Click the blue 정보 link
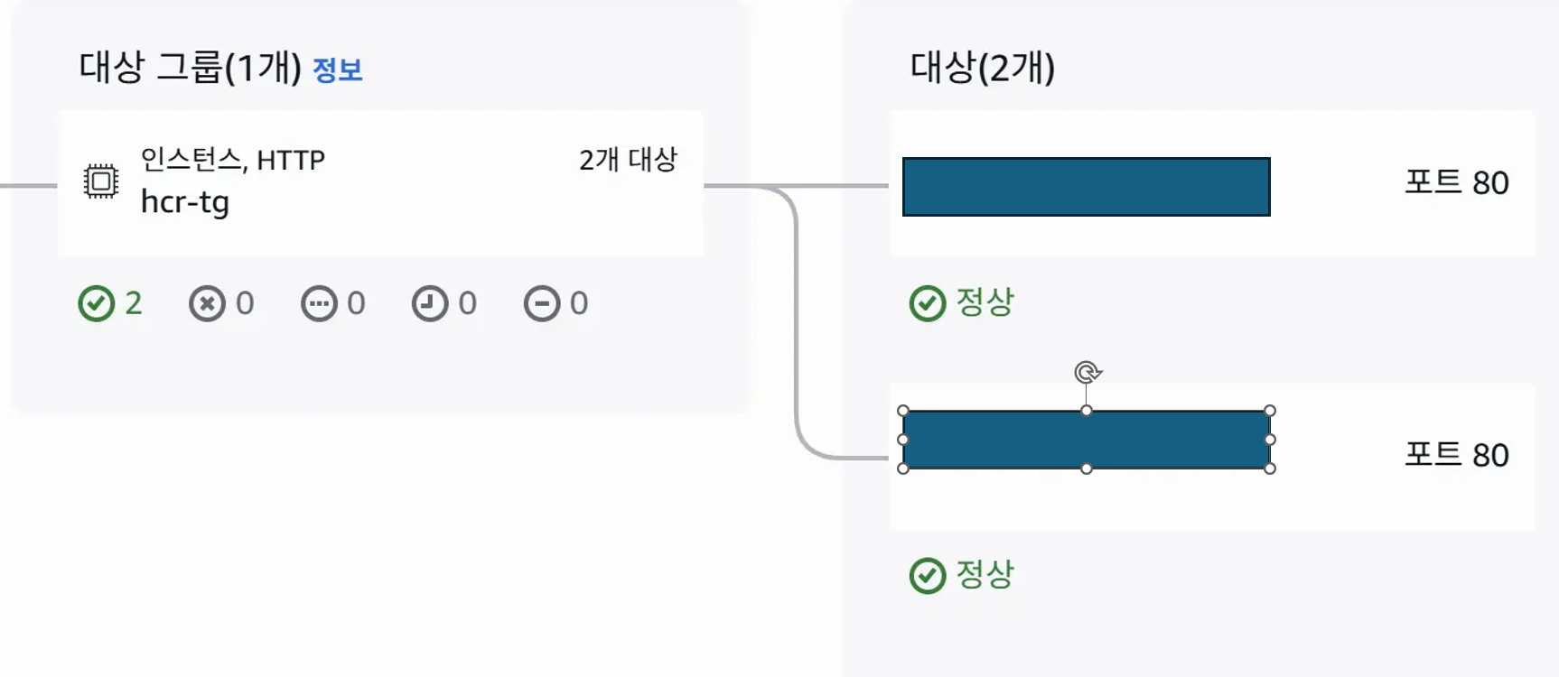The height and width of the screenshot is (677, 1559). (x=337, y=70)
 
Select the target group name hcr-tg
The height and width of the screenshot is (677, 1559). (x=185, y=202)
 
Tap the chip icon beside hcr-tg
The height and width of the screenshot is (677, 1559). (x=101, y=181)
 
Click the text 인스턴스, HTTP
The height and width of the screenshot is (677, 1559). (x=232, y=160)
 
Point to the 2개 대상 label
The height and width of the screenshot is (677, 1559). (x=628, y=160)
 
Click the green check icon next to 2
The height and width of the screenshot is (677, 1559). (x=97, y=304)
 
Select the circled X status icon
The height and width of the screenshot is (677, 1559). (x=207, y=304)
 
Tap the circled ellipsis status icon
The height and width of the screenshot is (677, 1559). (x=319, y=304)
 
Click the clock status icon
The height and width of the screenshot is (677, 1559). (x=430, y=304)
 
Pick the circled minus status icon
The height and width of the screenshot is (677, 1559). (x=542, y=304)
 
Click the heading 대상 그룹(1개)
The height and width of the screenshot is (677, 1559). (x=190, y=68)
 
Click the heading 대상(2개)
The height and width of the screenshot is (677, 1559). (x=982, y=68)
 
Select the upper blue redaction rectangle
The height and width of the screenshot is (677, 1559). (x=1086, y=187)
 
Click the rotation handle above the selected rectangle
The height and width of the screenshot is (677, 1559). (x=1088, y=372)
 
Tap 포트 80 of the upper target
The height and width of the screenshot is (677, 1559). (x=1456, y=182)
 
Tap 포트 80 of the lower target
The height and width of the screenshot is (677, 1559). (x=1456, y=455)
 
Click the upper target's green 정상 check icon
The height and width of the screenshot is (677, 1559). (x=928, y=304)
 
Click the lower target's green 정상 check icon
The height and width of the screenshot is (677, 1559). (x=928, y=576)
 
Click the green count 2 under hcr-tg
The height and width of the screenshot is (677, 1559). (x=134, y=303)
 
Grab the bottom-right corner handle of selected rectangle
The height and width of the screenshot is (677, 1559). (x=1270, y=468)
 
